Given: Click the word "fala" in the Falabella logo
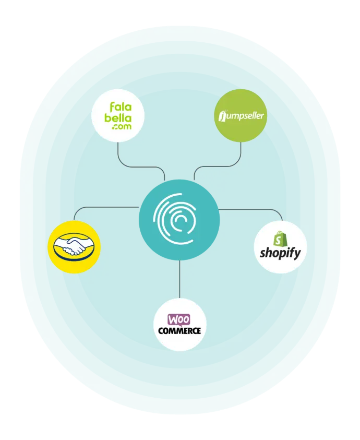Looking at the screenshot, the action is pyautogui.click(x=121, y=107).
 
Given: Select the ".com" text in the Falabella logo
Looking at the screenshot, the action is pyautogui.click(x=122, y=126).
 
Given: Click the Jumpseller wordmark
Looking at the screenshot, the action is pyautogui.click(x=241, y=116).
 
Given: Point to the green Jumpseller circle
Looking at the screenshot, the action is pyautogui.click(x=241, y=116).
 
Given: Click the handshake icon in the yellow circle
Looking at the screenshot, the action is pyautogui.click(x=74, y=246).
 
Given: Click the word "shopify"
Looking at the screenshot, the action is pyautogui.click(x=280, y=253).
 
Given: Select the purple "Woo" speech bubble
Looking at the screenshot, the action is pyautogui.click(x=179, y=320).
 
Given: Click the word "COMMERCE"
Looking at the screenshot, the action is pyautogui.click(x=179, y=330).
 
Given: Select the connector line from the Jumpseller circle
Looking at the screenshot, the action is pyautogui.click(x=218, y=167).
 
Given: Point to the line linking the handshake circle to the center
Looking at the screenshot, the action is pyautogui.click(x=101, y=207).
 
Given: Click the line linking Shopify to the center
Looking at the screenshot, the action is pyautogui.click(x=253, y=209).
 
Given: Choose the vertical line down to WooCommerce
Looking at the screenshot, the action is pyautogui.click(x=179, y=279).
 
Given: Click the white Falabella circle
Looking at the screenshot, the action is pyautogui.click(x=118, y=116).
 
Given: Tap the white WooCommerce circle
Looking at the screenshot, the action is pyautogui.click(x=180, y=325).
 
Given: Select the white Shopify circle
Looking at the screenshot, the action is pyautogui.click(x=280, y=247).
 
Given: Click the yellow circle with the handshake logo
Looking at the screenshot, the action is pyautogui.click(x=74, y=247).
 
